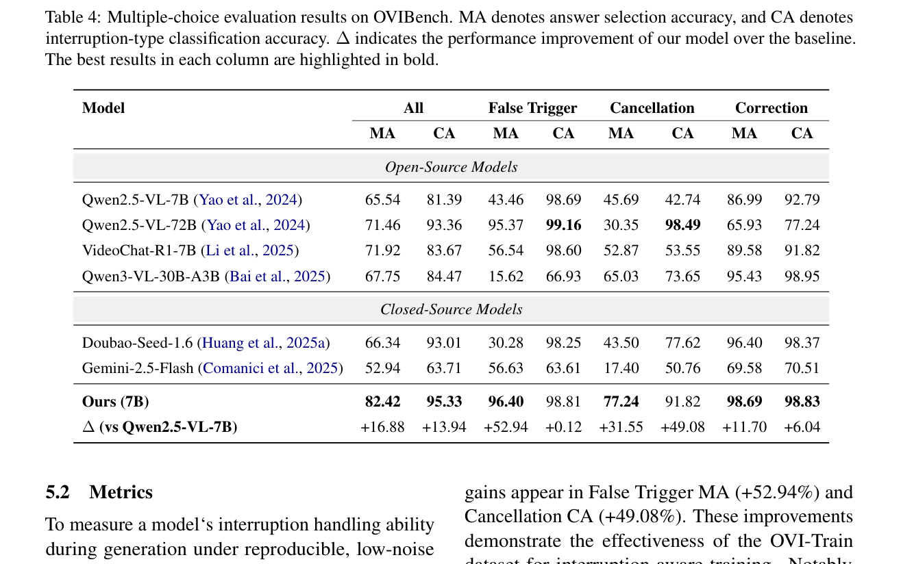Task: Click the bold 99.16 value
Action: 563,225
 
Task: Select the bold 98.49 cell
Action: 682,225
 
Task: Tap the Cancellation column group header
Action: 652,107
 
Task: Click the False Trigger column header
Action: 532,108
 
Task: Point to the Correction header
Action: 771,107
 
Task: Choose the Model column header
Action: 103,107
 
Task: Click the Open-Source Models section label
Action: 451,167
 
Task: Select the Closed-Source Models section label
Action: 451,309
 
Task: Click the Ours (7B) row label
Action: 115,401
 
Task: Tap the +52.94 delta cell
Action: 506,426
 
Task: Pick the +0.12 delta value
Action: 563,426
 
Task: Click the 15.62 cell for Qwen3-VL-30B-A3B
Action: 506,277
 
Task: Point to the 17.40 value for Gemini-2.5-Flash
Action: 621,368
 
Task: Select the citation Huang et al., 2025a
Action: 263,343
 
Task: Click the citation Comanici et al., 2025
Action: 270,368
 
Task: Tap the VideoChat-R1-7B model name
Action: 139,251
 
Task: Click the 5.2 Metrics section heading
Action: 99,492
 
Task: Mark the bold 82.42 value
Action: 382,401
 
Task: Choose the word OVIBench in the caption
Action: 412,17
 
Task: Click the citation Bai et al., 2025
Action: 277,277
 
